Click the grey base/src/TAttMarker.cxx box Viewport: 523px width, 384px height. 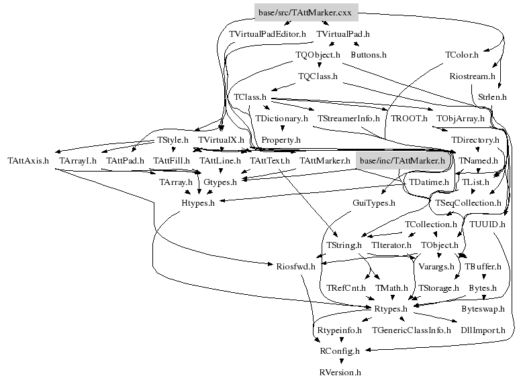307,12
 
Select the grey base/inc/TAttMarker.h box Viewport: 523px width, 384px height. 402,161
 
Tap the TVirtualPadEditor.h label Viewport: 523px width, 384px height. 267,34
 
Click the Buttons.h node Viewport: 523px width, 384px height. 369,54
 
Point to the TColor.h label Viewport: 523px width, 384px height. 462,54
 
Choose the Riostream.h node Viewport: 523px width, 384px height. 472,76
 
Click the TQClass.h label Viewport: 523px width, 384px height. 318,76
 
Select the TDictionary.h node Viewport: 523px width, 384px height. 281,119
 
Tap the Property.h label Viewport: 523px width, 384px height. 281,140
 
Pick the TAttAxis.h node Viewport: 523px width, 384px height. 28,162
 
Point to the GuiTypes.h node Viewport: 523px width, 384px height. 374,202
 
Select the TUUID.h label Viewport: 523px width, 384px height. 488,224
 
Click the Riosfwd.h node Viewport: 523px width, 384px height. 295,266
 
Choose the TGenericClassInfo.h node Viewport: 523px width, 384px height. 412,330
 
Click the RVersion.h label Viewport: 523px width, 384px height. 340,371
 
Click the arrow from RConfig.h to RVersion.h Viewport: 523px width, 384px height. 340,361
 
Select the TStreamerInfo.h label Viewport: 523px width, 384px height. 348,119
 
